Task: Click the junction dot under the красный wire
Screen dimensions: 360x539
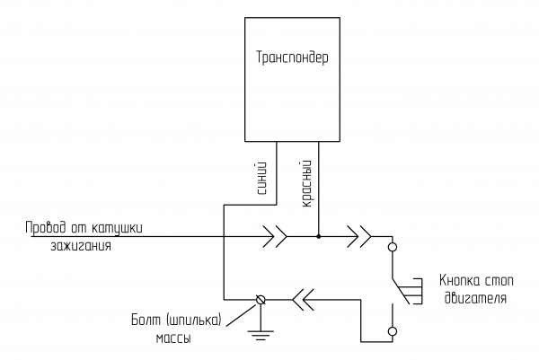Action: [x=319, y=237]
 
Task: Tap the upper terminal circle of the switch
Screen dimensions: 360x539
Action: [x=392, y=246]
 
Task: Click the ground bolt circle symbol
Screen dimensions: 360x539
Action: [x=261, y=299]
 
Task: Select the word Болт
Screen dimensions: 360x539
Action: [x=146, y=320]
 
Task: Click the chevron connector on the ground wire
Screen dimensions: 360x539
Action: [x=303, y=299]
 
